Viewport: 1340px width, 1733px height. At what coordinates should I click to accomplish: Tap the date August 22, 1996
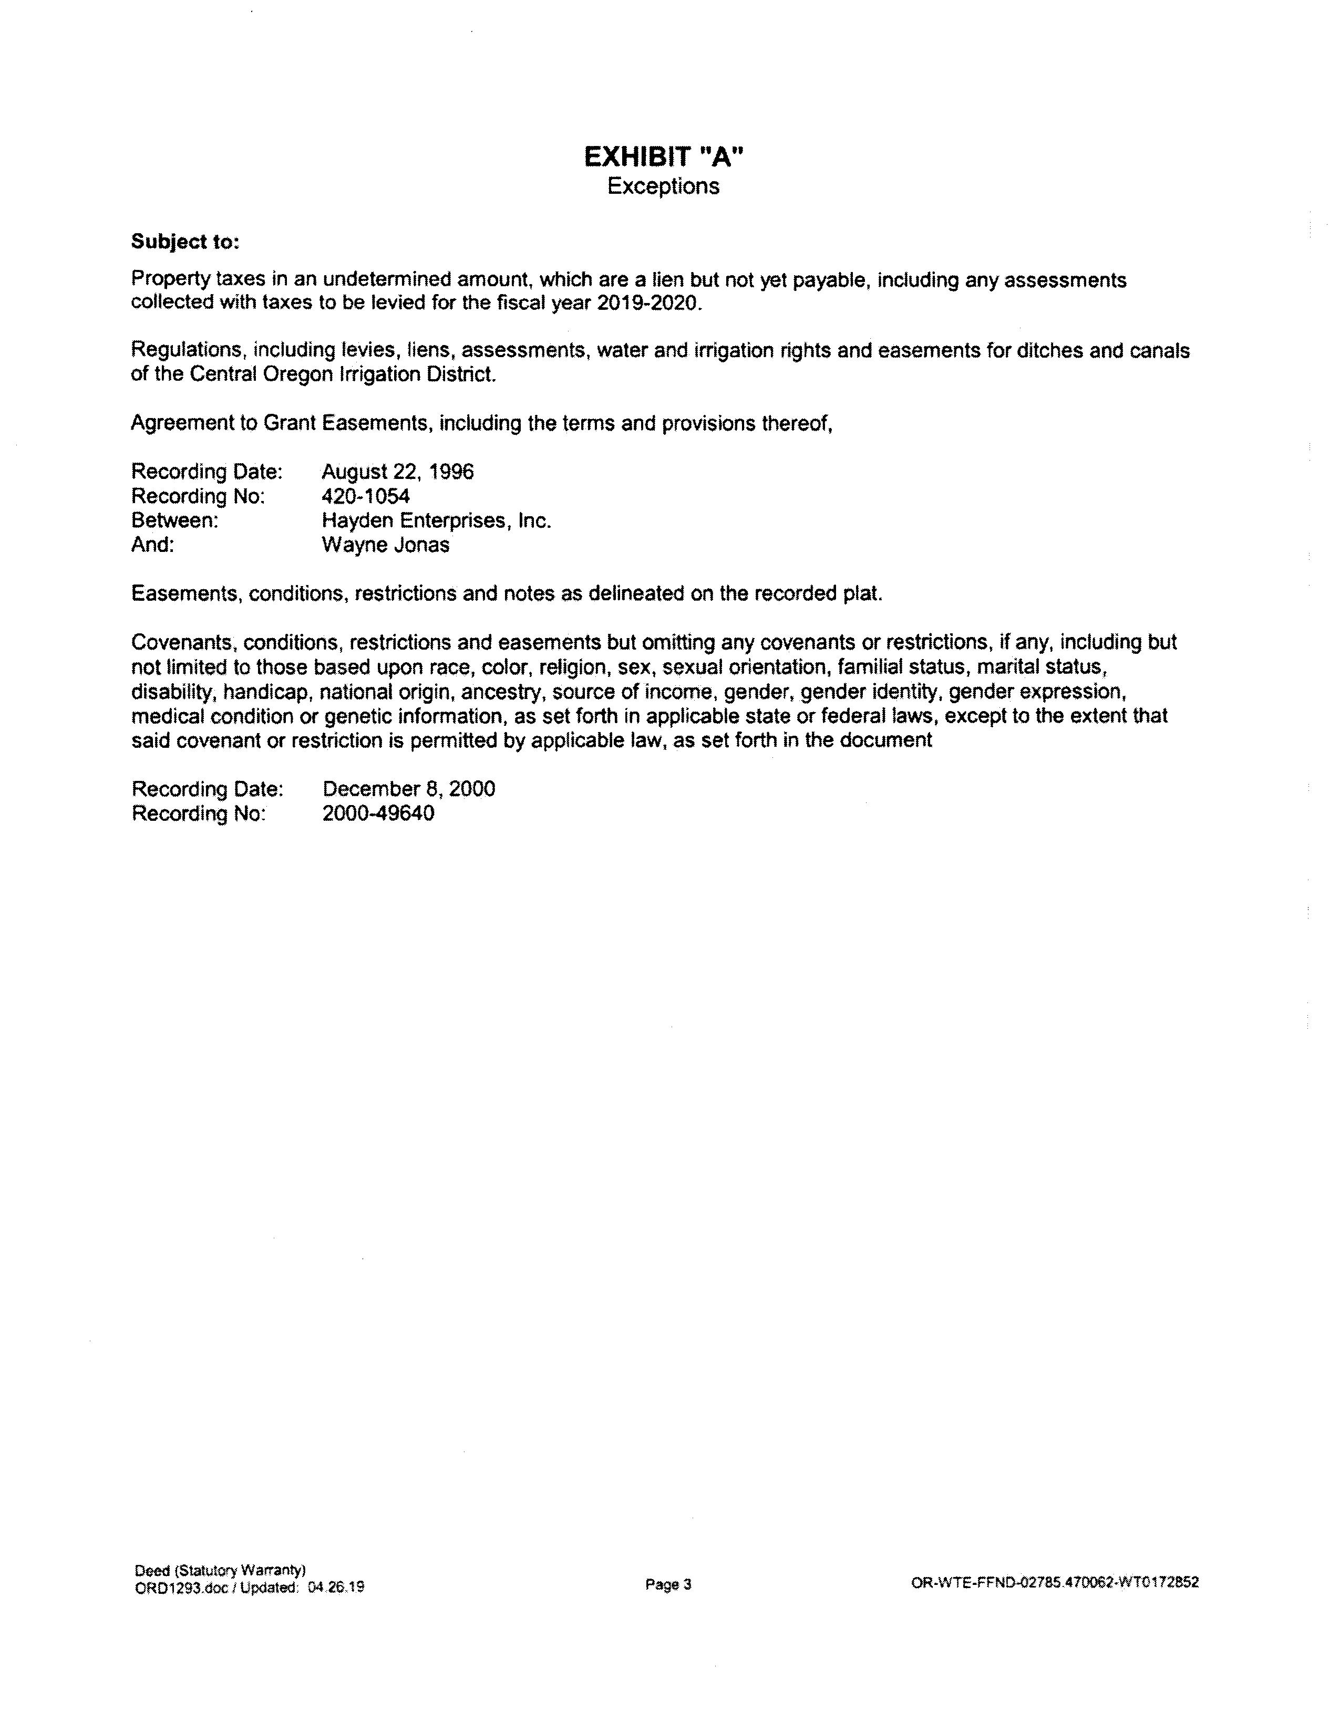click(x=397, y=472)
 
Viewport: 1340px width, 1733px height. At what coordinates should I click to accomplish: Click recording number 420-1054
click(x=365, y=497)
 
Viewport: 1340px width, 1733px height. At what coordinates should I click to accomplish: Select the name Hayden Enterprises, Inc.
click(x=436, y=521)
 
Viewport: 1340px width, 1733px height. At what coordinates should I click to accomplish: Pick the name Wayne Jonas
click(x=385, y=545)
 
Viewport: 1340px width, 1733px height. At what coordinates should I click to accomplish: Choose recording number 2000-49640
click(x=378, y=813)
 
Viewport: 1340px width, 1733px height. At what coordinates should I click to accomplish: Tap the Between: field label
click(x=174, y=521)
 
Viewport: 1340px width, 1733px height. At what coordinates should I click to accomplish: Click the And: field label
click(x=152, y=545)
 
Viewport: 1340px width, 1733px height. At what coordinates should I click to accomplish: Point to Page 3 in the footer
click(x=668, y=1584)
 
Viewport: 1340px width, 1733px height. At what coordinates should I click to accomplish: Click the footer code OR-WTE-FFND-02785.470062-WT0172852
click(x=1055, y=1582)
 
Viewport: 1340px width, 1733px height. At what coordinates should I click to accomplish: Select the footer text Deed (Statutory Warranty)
click(x=220, y=1570)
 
